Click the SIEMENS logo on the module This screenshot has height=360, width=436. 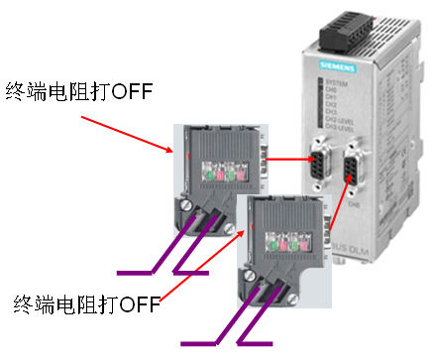pos(341,68)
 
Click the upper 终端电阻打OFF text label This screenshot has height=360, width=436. pos(79,92)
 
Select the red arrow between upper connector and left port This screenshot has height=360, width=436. pos(289,157)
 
